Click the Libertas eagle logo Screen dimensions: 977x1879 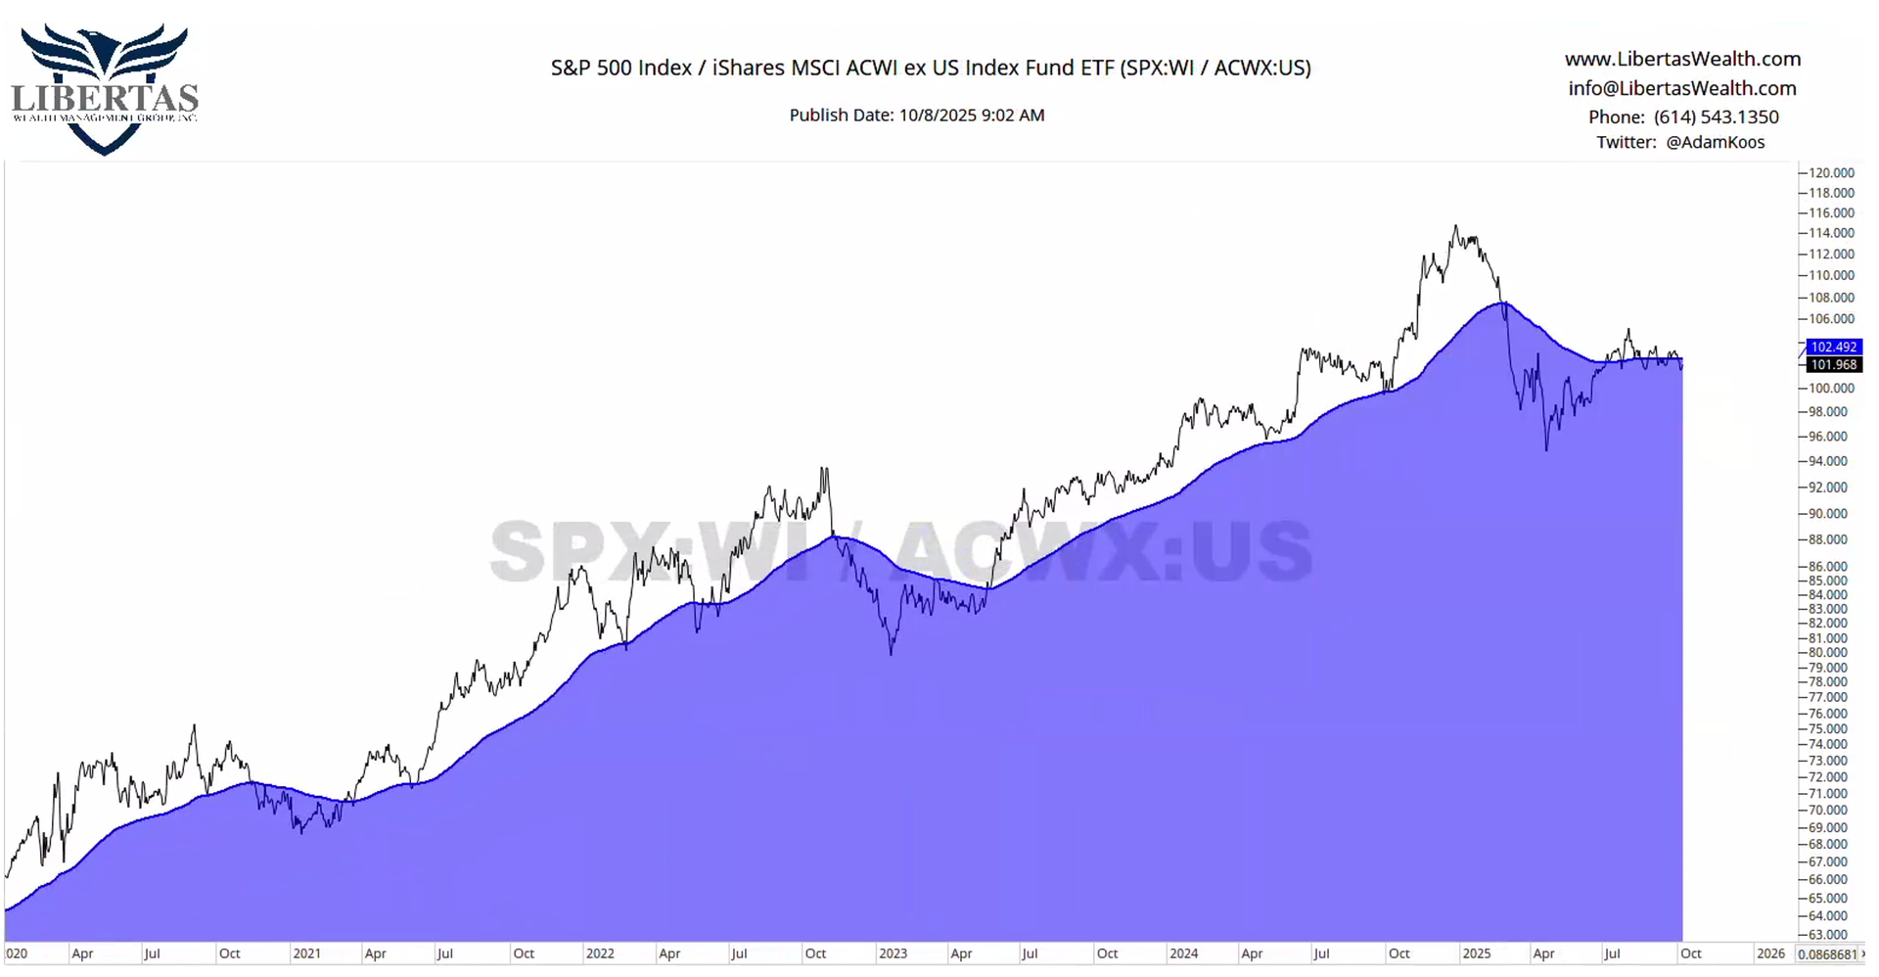[x=104, y=88]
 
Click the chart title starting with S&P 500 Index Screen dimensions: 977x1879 [x=930, y=68]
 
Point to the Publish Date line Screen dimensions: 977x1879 [x=916, y=116]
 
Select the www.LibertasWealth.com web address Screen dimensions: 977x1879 [x=1682, y=59]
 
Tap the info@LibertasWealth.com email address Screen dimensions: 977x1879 [x=1681, y=88]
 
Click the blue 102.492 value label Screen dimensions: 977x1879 [x=1833, y=347]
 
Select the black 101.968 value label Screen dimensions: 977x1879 [x=1833, y=364]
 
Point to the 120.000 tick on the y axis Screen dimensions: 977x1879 [x=1829, y=173]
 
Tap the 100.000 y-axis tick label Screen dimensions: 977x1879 [x=1829, y=389]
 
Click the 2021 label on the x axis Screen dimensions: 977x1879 [x=306, y=954]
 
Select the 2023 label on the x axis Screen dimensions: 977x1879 [x=893, y=954]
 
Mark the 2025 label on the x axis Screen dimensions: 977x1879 [x=1476, y=954]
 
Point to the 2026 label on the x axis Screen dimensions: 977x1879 [x=1769, y=954]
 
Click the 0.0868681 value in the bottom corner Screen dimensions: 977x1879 [x=1827, y=954]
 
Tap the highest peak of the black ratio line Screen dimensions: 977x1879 [x=1455, y=227]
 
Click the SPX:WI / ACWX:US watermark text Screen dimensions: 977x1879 [x=900, y=550]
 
